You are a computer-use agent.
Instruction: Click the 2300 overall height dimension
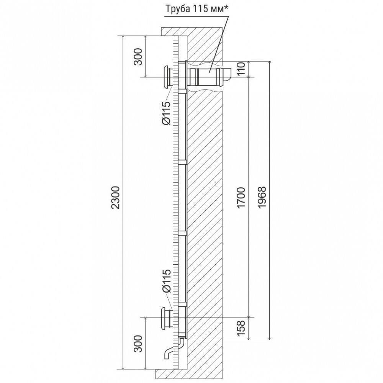(116, 198)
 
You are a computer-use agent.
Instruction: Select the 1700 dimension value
(241, 198)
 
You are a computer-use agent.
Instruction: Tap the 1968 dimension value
(262, 198)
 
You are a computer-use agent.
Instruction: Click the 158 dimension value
(241, 328)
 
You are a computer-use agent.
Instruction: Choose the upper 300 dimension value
(138, 57)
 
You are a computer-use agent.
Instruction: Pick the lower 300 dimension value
(138, 344)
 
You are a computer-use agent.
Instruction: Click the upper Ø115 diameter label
(166, 113)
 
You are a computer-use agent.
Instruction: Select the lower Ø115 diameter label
(166, 281)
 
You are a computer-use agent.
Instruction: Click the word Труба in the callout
(176, 10)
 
